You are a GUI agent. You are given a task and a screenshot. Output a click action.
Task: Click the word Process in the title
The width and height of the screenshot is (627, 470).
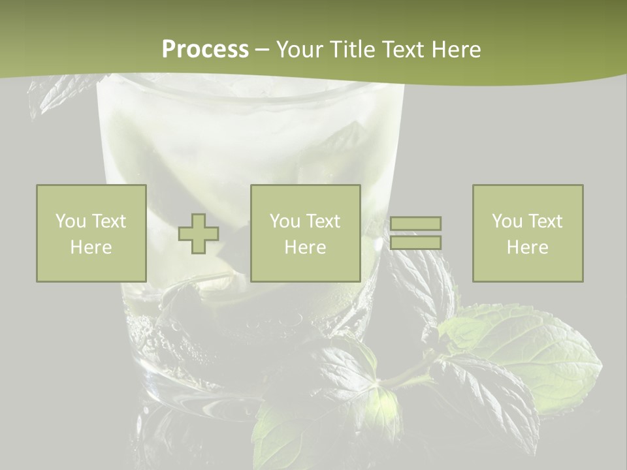coord(205,50)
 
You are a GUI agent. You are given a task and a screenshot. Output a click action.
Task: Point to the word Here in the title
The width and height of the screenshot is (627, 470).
coord(455,50)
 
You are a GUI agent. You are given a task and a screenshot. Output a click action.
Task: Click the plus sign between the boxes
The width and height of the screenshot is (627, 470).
coord(199,234)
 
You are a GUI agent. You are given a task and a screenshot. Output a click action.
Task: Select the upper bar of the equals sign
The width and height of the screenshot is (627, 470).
coord(415,223)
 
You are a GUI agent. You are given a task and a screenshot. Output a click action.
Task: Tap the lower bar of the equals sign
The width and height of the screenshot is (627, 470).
coord(415,243)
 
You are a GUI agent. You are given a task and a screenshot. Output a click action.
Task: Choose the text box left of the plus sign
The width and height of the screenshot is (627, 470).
coord(91,234)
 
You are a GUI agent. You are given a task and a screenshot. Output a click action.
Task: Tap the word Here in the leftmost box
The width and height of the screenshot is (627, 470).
coord(91,247)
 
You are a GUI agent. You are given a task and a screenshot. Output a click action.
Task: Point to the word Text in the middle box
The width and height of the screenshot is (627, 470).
coord(323,221)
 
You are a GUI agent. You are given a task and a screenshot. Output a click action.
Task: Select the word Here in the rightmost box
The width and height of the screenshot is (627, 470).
coord(527,247)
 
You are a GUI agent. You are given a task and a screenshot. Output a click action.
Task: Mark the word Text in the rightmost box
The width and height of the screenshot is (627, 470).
coord(545,221)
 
